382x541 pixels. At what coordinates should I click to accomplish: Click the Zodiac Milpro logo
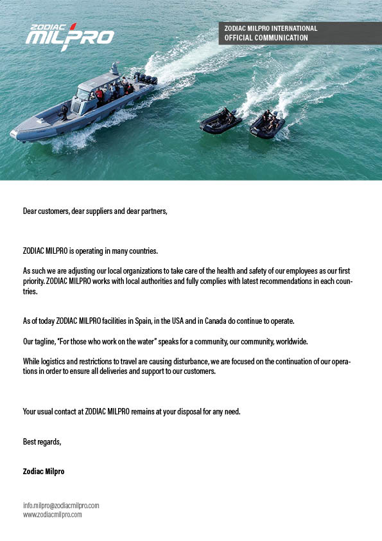[70, 36]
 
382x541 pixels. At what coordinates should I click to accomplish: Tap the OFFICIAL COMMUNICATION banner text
[266, 38]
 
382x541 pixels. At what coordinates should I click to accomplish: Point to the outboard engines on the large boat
[146, 79]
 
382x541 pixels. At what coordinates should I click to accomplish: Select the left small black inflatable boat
[220, 121]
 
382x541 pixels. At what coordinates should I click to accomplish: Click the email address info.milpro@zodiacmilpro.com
[61, 506]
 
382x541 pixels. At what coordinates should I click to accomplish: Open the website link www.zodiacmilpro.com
[53, 515]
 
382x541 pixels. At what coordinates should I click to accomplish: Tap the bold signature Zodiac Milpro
[44, 471]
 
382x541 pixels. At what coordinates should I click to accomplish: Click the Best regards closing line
[42, 441]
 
